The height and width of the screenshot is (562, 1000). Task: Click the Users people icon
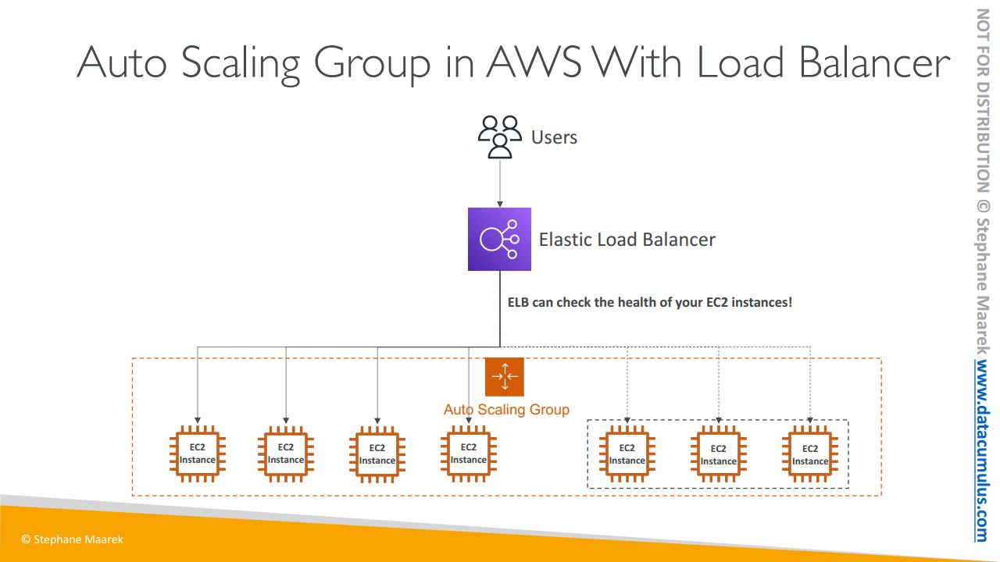tap(499, 137)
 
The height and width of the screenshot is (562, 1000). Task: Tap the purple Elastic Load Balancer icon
tap(499, 239)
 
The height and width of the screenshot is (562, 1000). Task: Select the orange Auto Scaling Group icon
tap(505, 377)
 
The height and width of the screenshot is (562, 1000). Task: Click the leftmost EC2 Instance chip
tap(198, 454)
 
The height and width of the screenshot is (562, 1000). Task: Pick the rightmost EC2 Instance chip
tap(810, 454)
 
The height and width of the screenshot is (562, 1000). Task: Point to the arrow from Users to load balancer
tap(500, 183)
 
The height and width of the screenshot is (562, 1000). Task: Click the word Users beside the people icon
tap(554, 137)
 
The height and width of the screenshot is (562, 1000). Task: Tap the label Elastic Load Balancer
tap(627, 239)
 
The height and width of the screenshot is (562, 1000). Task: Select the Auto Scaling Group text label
tap(506, 410)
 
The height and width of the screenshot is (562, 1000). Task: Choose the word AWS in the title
tap(534, 62)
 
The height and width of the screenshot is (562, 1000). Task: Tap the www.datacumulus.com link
tap(982, 451)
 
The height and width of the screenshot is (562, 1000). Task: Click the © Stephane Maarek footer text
tap(72, 539)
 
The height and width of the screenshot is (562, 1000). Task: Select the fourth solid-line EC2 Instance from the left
tap(469, 454)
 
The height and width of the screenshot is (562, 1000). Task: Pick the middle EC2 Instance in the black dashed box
tap(719, 454)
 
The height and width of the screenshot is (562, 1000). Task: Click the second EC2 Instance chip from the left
tap(286, 454)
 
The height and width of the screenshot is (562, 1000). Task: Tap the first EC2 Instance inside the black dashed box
tap(627, 454)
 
